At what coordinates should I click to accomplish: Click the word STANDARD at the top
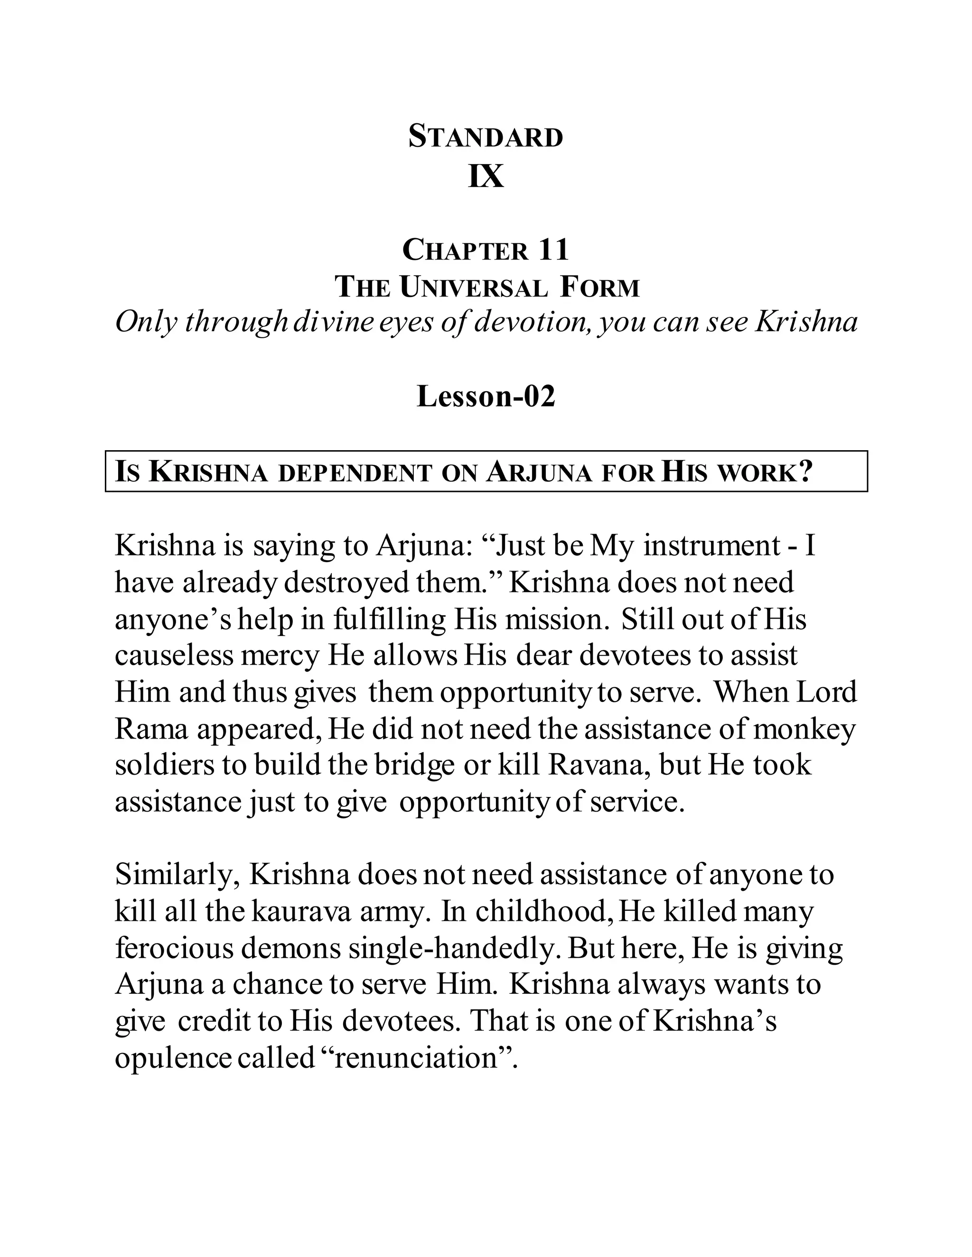point(486,138)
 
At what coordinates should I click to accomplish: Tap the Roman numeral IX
point(486,176)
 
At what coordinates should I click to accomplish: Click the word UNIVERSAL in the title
point(474,287)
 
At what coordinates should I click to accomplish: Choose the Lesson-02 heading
point(486,397)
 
